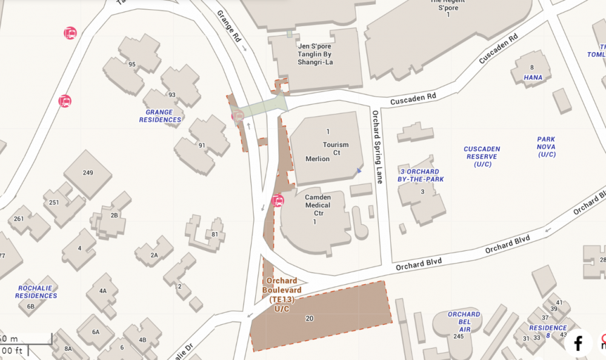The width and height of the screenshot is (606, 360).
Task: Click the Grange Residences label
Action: click(160, 116)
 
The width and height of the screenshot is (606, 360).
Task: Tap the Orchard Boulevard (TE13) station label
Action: click(282, 295)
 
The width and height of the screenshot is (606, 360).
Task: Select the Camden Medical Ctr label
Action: click(318, 205)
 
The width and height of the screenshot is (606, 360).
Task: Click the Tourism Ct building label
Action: click(336, 149)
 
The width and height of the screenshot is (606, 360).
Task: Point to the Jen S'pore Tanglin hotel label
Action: click(315, 54)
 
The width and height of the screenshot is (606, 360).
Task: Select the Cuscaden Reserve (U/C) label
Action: click(482, 156)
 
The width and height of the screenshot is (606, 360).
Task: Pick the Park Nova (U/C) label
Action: click(546, 147)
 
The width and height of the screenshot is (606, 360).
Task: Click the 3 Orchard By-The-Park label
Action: click(422, 175)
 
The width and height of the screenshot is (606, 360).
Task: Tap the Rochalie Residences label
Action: click(36, 292)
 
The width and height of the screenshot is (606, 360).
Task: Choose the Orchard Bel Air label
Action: click(464, 318)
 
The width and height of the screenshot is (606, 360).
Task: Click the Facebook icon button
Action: click(578, 343)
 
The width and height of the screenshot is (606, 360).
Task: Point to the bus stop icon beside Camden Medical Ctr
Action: click(278, 200)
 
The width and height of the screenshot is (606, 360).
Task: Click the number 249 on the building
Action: click(88, 173)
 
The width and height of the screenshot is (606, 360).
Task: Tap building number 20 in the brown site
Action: click(310, 318)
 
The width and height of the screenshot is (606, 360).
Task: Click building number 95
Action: click(132, 64)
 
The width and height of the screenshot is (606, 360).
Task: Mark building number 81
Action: click(215, 235)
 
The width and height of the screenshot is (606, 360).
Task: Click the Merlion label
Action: click(318, 159)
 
